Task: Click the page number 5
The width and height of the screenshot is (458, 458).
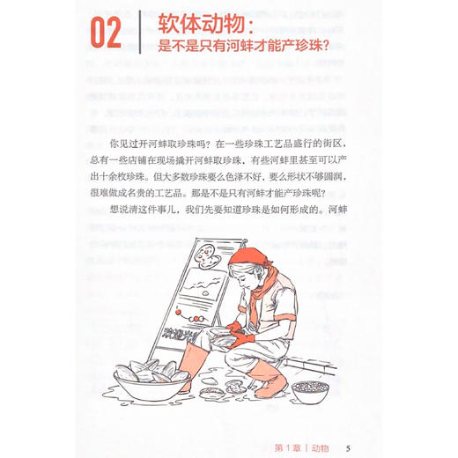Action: pyautogui.click(x=350, y=443)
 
